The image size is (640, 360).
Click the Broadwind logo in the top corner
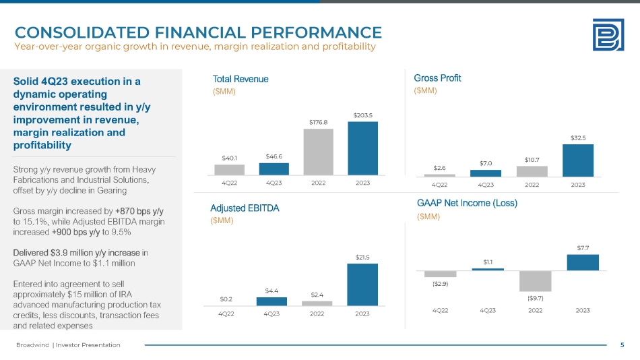pos(607,34)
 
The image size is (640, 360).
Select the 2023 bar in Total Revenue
pos(362,148)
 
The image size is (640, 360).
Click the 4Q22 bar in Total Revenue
pos(230,169)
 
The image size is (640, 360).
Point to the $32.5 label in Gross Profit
pos(578,138)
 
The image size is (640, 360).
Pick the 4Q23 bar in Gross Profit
pos(486,173)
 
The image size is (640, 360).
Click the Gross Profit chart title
pos(437,78)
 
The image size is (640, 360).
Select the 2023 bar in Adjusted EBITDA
pos(362,284)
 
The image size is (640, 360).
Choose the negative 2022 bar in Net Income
pos(536,281)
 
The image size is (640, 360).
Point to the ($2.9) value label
pos(441,283)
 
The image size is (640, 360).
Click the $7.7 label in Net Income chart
pos(583,248)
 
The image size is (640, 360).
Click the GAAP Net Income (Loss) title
pos(467,202)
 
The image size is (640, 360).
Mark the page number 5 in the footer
pos(622,345)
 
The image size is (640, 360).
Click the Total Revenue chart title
pos(241,79)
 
